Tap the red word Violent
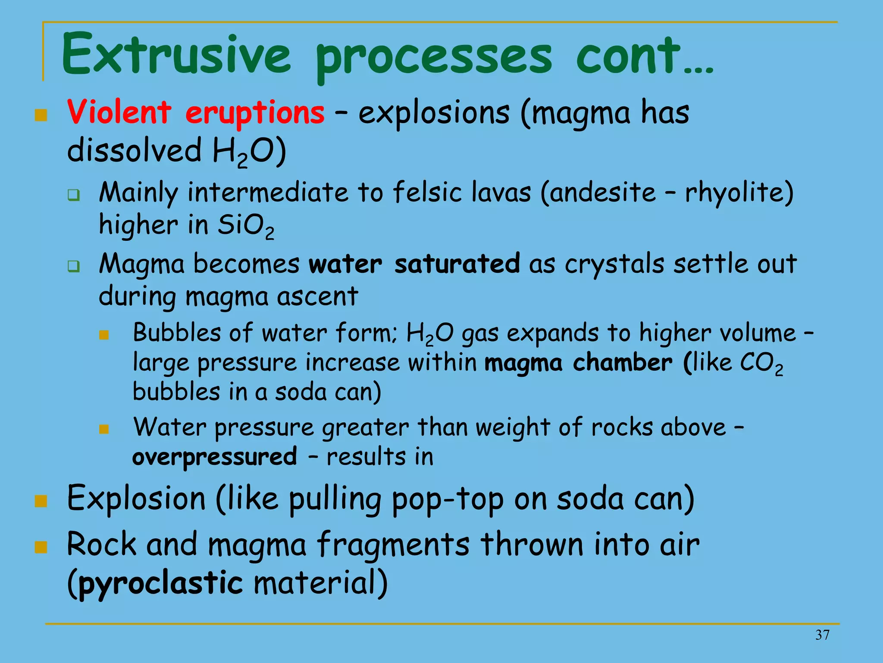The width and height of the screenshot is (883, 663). click(x=119, y=112)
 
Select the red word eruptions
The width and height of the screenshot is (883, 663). click(x=254, y=113)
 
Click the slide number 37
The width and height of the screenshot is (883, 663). click(x=822, y=635)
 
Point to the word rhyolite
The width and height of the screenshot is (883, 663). click(x=739, y=193)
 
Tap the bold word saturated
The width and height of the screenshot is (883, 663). click(x=457, y=264)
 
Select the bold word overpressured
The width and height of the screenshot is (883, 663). click(x=215, y=457)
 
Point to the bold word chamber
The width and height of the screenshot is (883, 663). click(x=622, y=363)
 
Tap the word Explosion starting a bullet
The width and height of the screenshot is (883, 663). click(x=136, y=499)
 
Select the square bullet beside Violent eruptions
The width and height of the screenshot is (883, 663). click(x=41, y=115)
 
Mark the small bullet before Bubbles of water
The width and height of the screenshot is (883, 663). click(x=104, y=335)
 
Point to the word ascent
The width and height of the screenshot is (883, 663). click(x=317, y=297)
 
